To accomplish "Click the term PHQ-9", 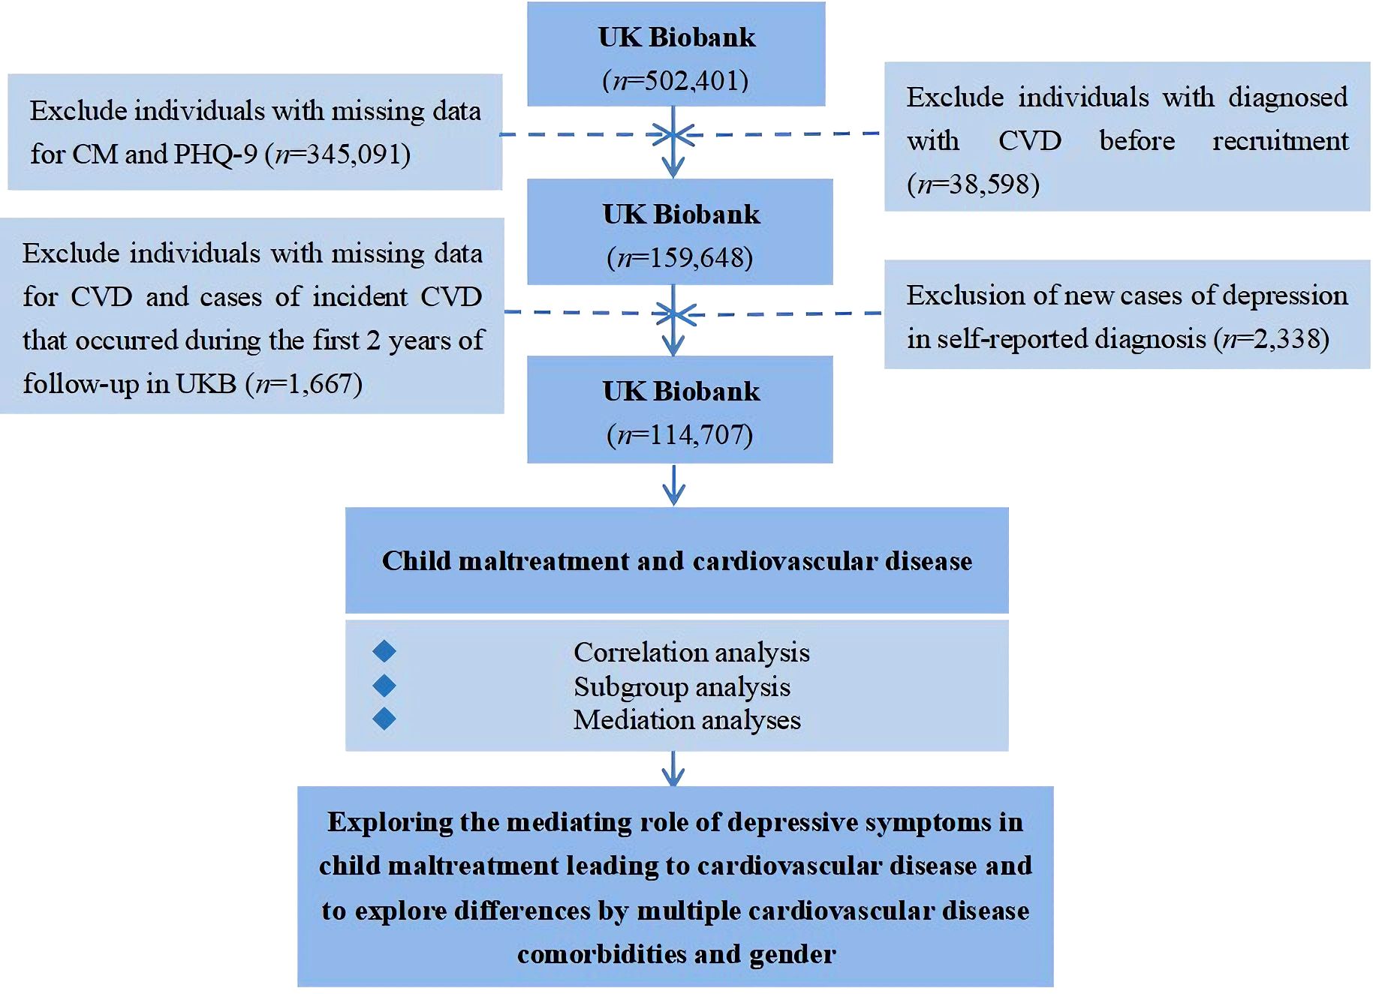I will tap(215, 155).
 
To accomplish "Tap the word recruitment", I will tap(1280, 141).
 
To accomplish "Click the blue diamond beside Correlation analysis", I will tap(384, 651).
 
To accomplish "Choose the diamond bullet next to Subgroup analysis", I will tap(384, 685).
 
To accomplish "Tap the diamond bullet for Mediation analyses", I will tap(384, 719).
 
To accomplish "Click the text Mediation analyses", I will tap(687, 720).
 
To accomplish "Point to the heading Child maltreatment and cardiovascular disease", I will tap(676, 561).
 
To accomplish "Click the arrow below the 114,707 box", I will tap(673, 485).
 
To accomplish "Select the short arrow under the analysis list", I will tap(673, 769).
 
